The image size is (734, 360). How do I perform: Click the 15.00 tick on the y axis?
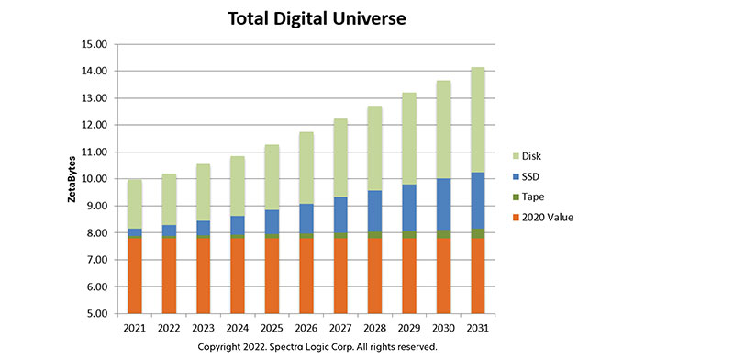click(95, 44)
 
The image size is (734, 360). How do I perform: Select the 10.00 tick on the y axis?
click(95, 179)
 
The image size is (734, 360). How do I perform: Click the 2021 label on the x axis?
click(134, 329)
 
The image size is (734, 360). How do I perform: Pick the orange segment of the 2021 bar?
click(134, 276)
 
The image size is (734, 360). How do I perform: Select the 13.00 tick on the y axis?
click(95, 98)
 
